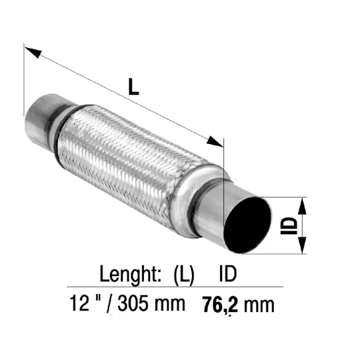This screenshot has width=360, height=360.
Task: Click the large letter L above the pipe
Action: pyautogui.click(x=133, y=87)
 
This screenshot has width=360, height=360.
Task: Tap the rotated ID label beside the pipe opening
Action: pyautogui.click(x=289, y=226)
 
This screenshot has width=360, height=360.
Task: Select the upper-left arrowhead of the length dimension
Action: pyautogui.click(x=33, y=53)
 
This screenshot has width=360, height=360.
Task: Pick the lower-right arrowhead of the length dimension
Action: pyautogui.click(x=215, y=141)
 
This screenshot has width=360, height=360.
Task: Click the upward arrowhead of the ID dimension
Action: pyautogui.click(x=303, y=206)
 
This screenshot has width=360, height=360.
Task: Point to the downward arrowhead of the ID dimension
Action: pyautogui.click(x=303, y=245)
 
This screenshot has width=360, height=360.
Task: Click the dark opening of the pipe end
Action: pyautogui.click(x=248, y=225)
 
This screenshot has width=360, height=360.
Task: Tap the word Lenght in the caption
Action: pyautogui.click(x=131, y=275)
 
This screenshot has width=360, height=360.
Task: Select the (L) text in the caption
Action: pyautogui.click(x=184, y=275)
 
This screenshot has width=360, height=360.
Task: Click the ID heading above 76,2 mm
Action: pyautogui.click(x=227, y=273)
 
